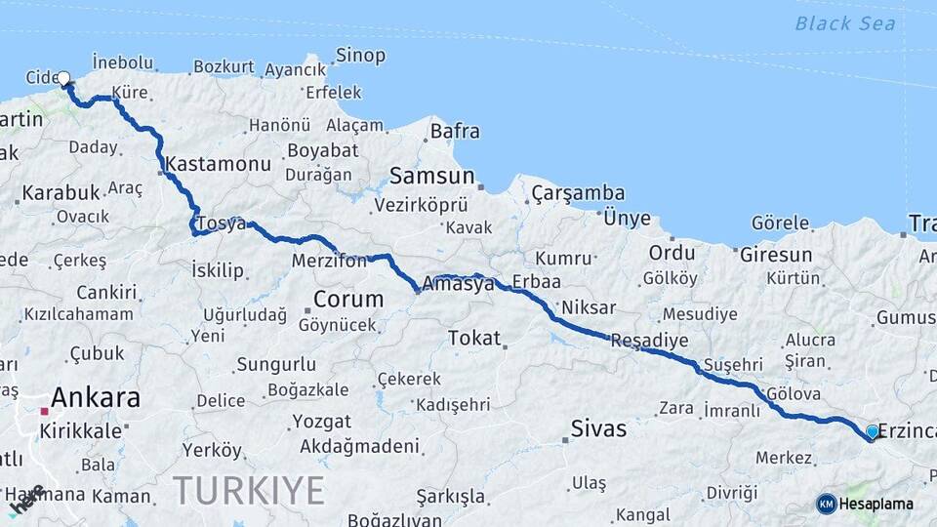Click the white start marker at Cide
pyautogui.click(x=63, y=78)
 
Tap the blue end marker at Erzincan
pyautogui.click(x=872, y=431)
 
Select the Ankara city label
pyautogui.click(x=95, y=398)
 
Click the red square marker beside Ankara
pyautogui.click(x=44, y=411)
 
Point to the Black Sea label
pyautogui.click(x=844, y=23)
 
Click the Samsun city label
pyautogui.click(x=431, y=177)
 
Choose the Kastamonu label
pyautogui.click(x=219, y=164)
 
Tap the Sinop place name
pyautogui.click(x=360, y=56)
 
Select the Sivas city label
pyautogui.click(x=598, y=428)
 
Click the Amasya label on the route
pyautogui.click(x=459, y=284)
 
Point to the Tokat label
pyautogui.click(x=473, y=338)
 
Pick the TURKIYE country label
pyautogui.click(x=249, y=490)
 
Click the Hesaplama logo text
pyautogui.click(x=876, y=504)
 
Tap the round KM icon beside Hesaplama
pyautogui.click(x=827, y=504)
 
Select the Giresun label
pyautogui.click(x=776, y=256)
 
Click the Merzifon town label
pyautogui.click(x=329, y=261)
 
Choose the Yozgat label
pyautogui.click(x=321, y=422)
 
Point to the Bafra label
pyautogui.click(x=455, y=129)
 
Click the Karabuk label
pyautogui.click(x=61, y=192)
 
